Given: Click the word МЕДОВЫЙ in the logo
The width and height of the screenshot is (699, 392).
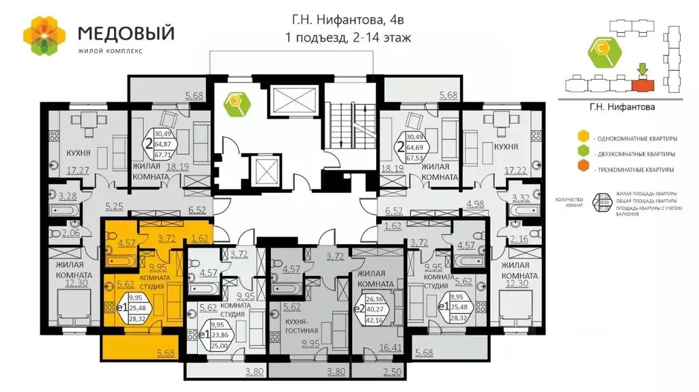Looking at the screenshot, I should [x=126, y=32].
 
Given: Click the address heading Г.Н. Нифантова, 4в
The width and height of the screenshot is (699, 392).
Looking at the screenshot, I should [x=348, y=20].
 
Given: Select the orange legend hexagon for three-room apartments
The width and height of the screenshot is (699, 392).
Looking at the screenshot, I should [x=582, y=168].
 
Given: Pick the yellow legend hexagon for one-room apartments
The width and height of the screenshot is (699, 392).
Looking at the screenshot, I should [x=582, y=138].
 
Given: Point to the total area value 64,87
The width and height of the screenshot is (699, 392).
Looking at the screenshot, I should [x=163, y=144].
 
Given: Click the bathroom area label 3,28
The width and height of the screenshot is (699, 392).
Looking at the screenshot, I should [x=66, y=198].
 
